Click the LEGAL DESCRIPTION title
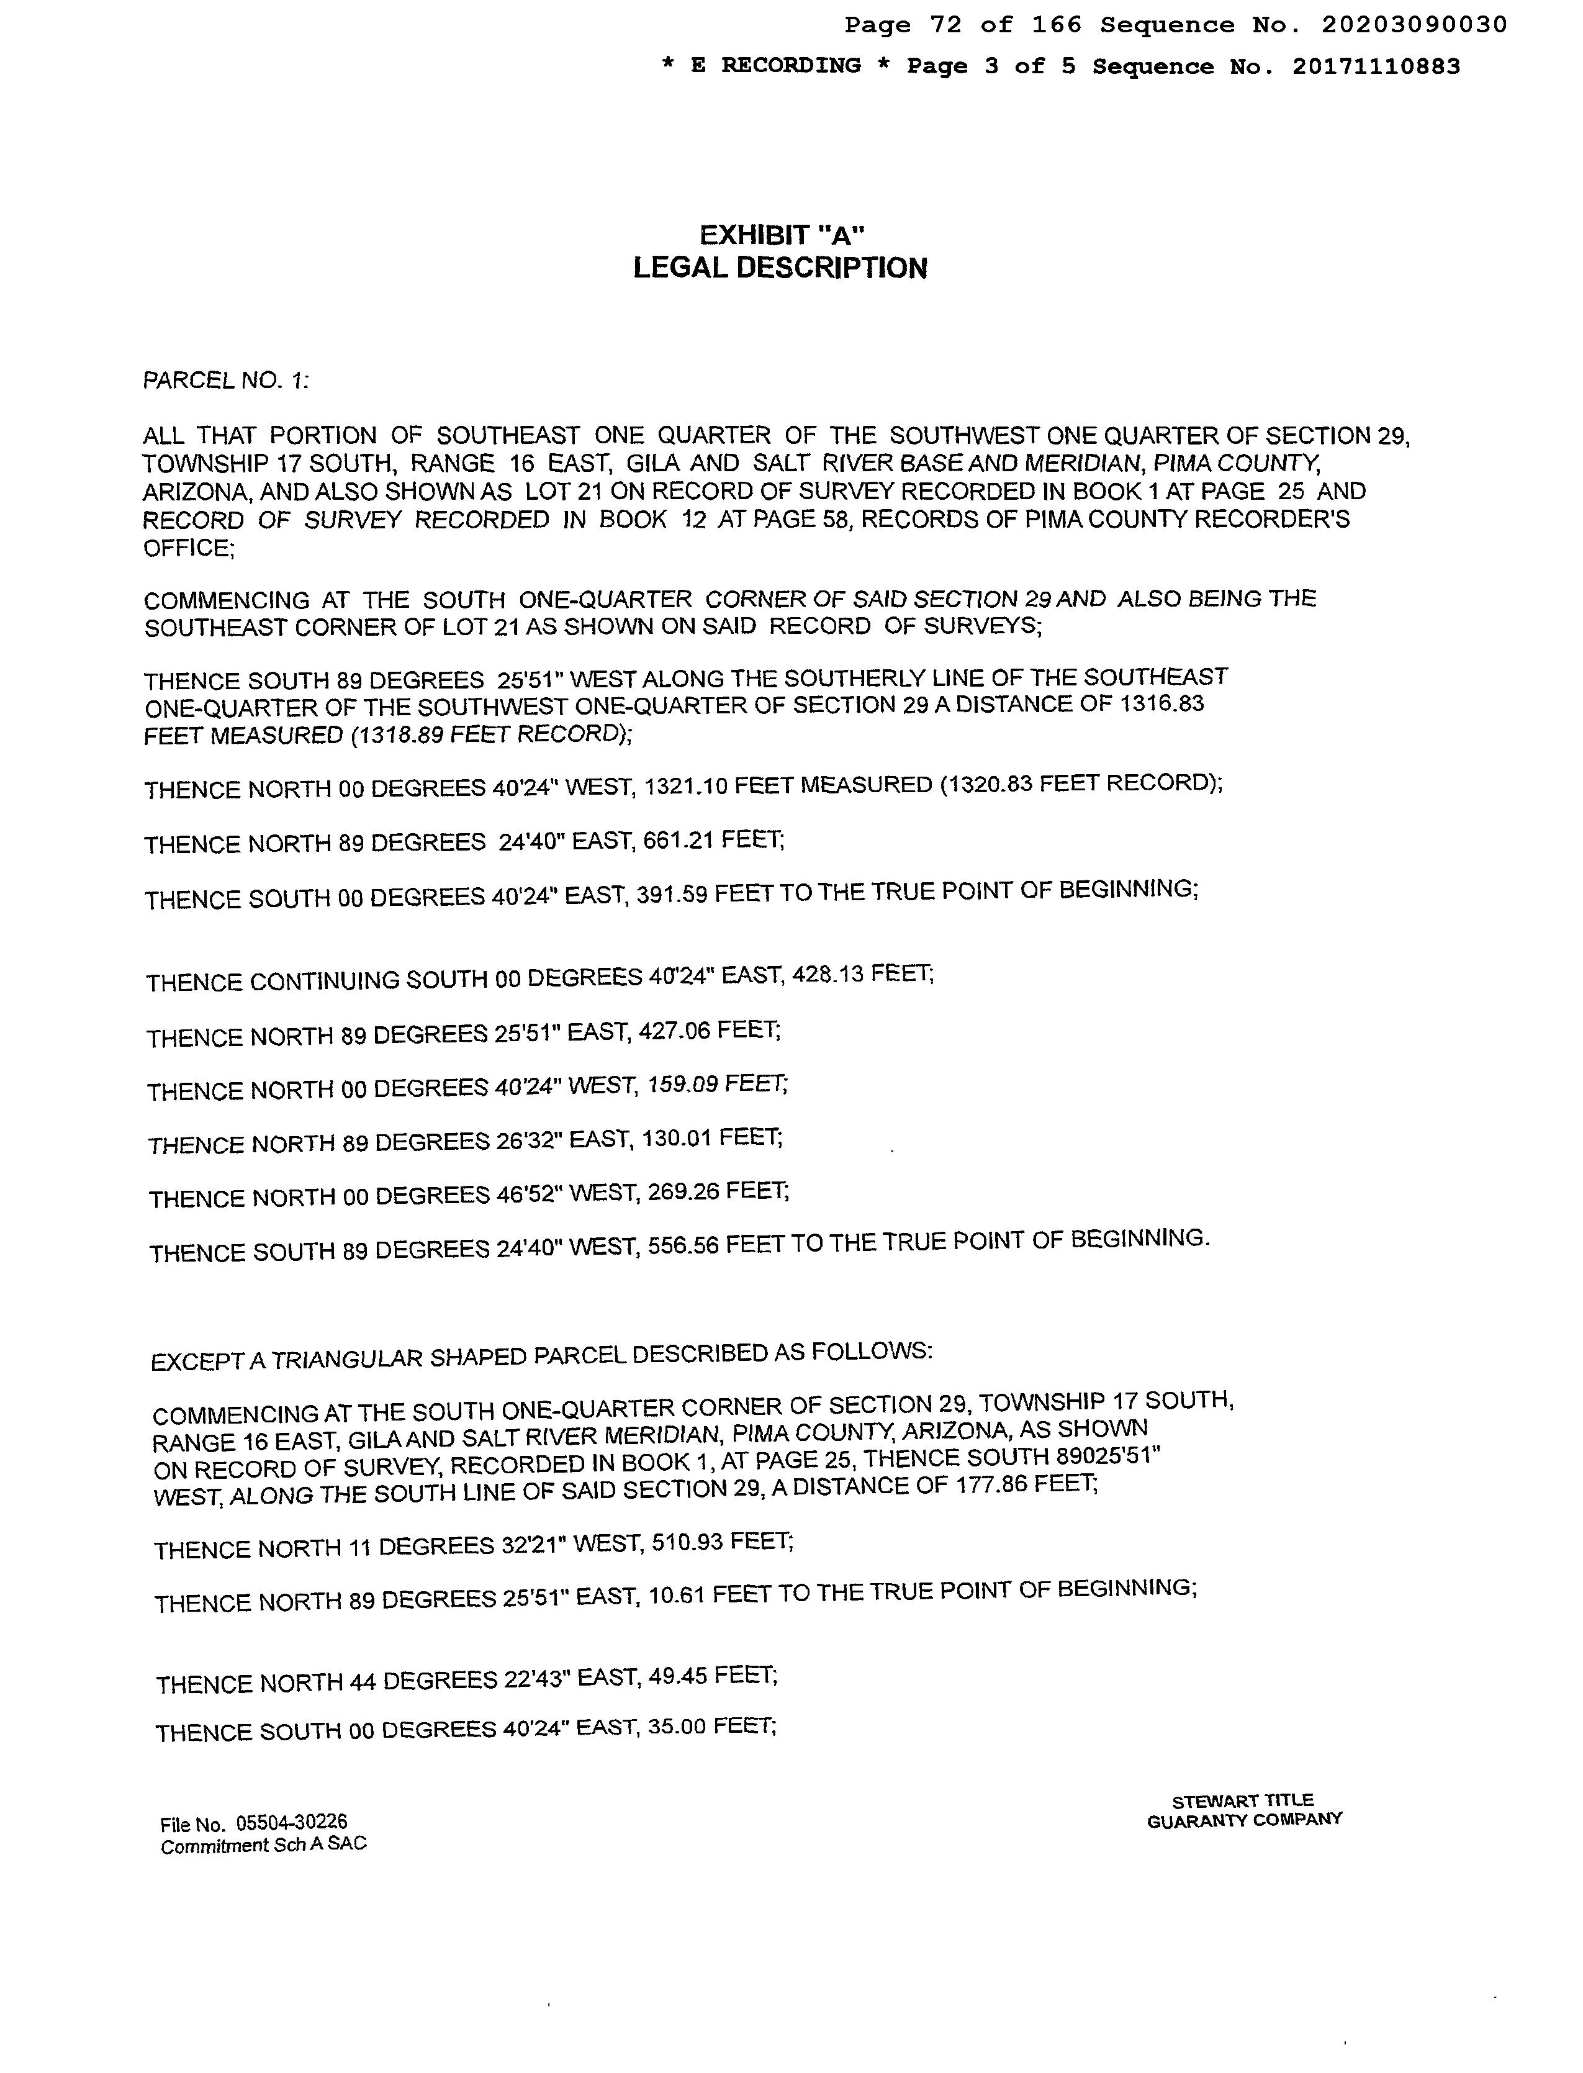tap(780, 269)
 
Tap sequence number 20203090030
tap(1414, 25)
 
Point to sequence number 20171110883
tap(1376, 67)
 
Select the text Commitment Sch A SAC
tap(264, 1846)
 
